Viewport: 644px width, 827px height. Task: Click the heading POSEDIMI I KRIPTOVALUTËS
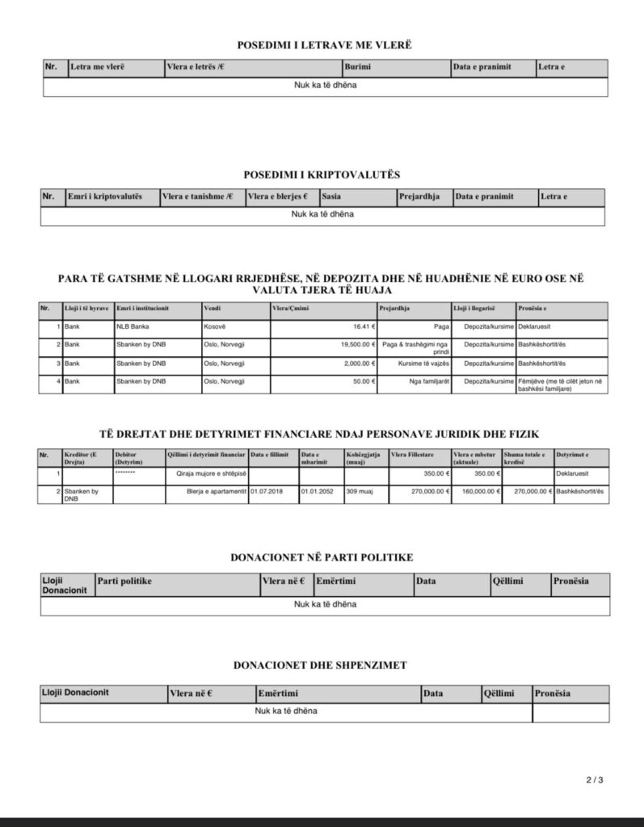[x=322, y=174]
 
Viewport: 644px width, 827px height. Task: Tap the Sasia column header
[x=330, y=197]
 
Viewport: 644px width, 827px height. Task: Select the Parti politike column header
[x=124, y=581]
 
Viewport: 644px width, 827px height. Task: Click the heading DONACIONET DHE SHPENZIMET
[x=320, y=665]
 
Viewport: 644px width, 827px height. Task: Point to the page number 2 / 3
[x=595, y=780]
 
